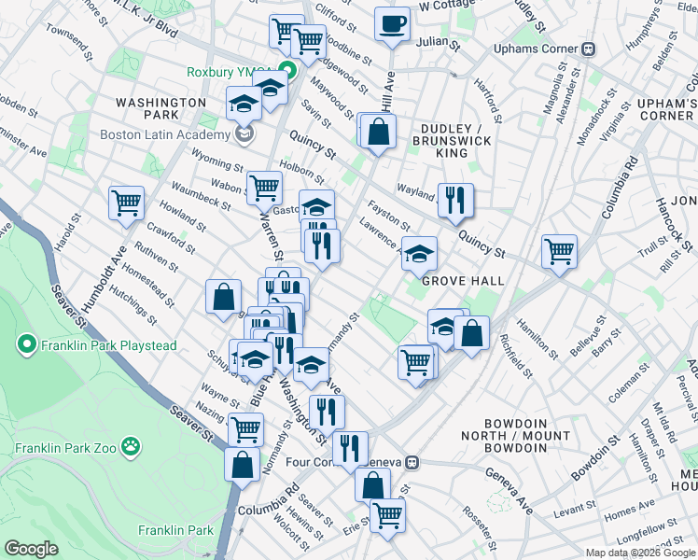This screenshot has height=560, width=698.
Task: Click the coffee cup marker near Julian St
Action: [x=393, y=23]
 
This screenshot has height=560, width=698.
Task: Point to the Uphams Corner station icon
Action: [x=589, y=49]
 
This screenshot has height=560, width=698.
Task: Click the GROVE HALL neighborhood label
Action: [x=463, y=280]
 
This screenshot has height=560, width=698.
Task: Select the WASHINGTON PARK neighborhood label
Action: [x=161, y=108]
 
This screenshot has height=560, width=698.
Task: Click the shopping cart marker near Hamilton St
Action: [x=559, y=249]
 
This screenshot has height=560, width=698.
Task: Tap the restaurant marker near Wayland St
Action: [x=455, y=199]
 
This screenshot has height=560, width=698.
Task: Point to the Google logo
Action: [x=31, y=549]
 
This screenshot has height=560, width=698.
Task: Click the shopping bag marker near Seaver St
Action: [x=242, y=465]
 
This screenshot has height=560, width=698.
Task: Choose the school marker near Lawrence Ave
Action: [x=419, y=252]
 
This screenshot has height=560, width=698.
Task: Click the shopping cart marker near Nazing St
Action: [x=246, y=429]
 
